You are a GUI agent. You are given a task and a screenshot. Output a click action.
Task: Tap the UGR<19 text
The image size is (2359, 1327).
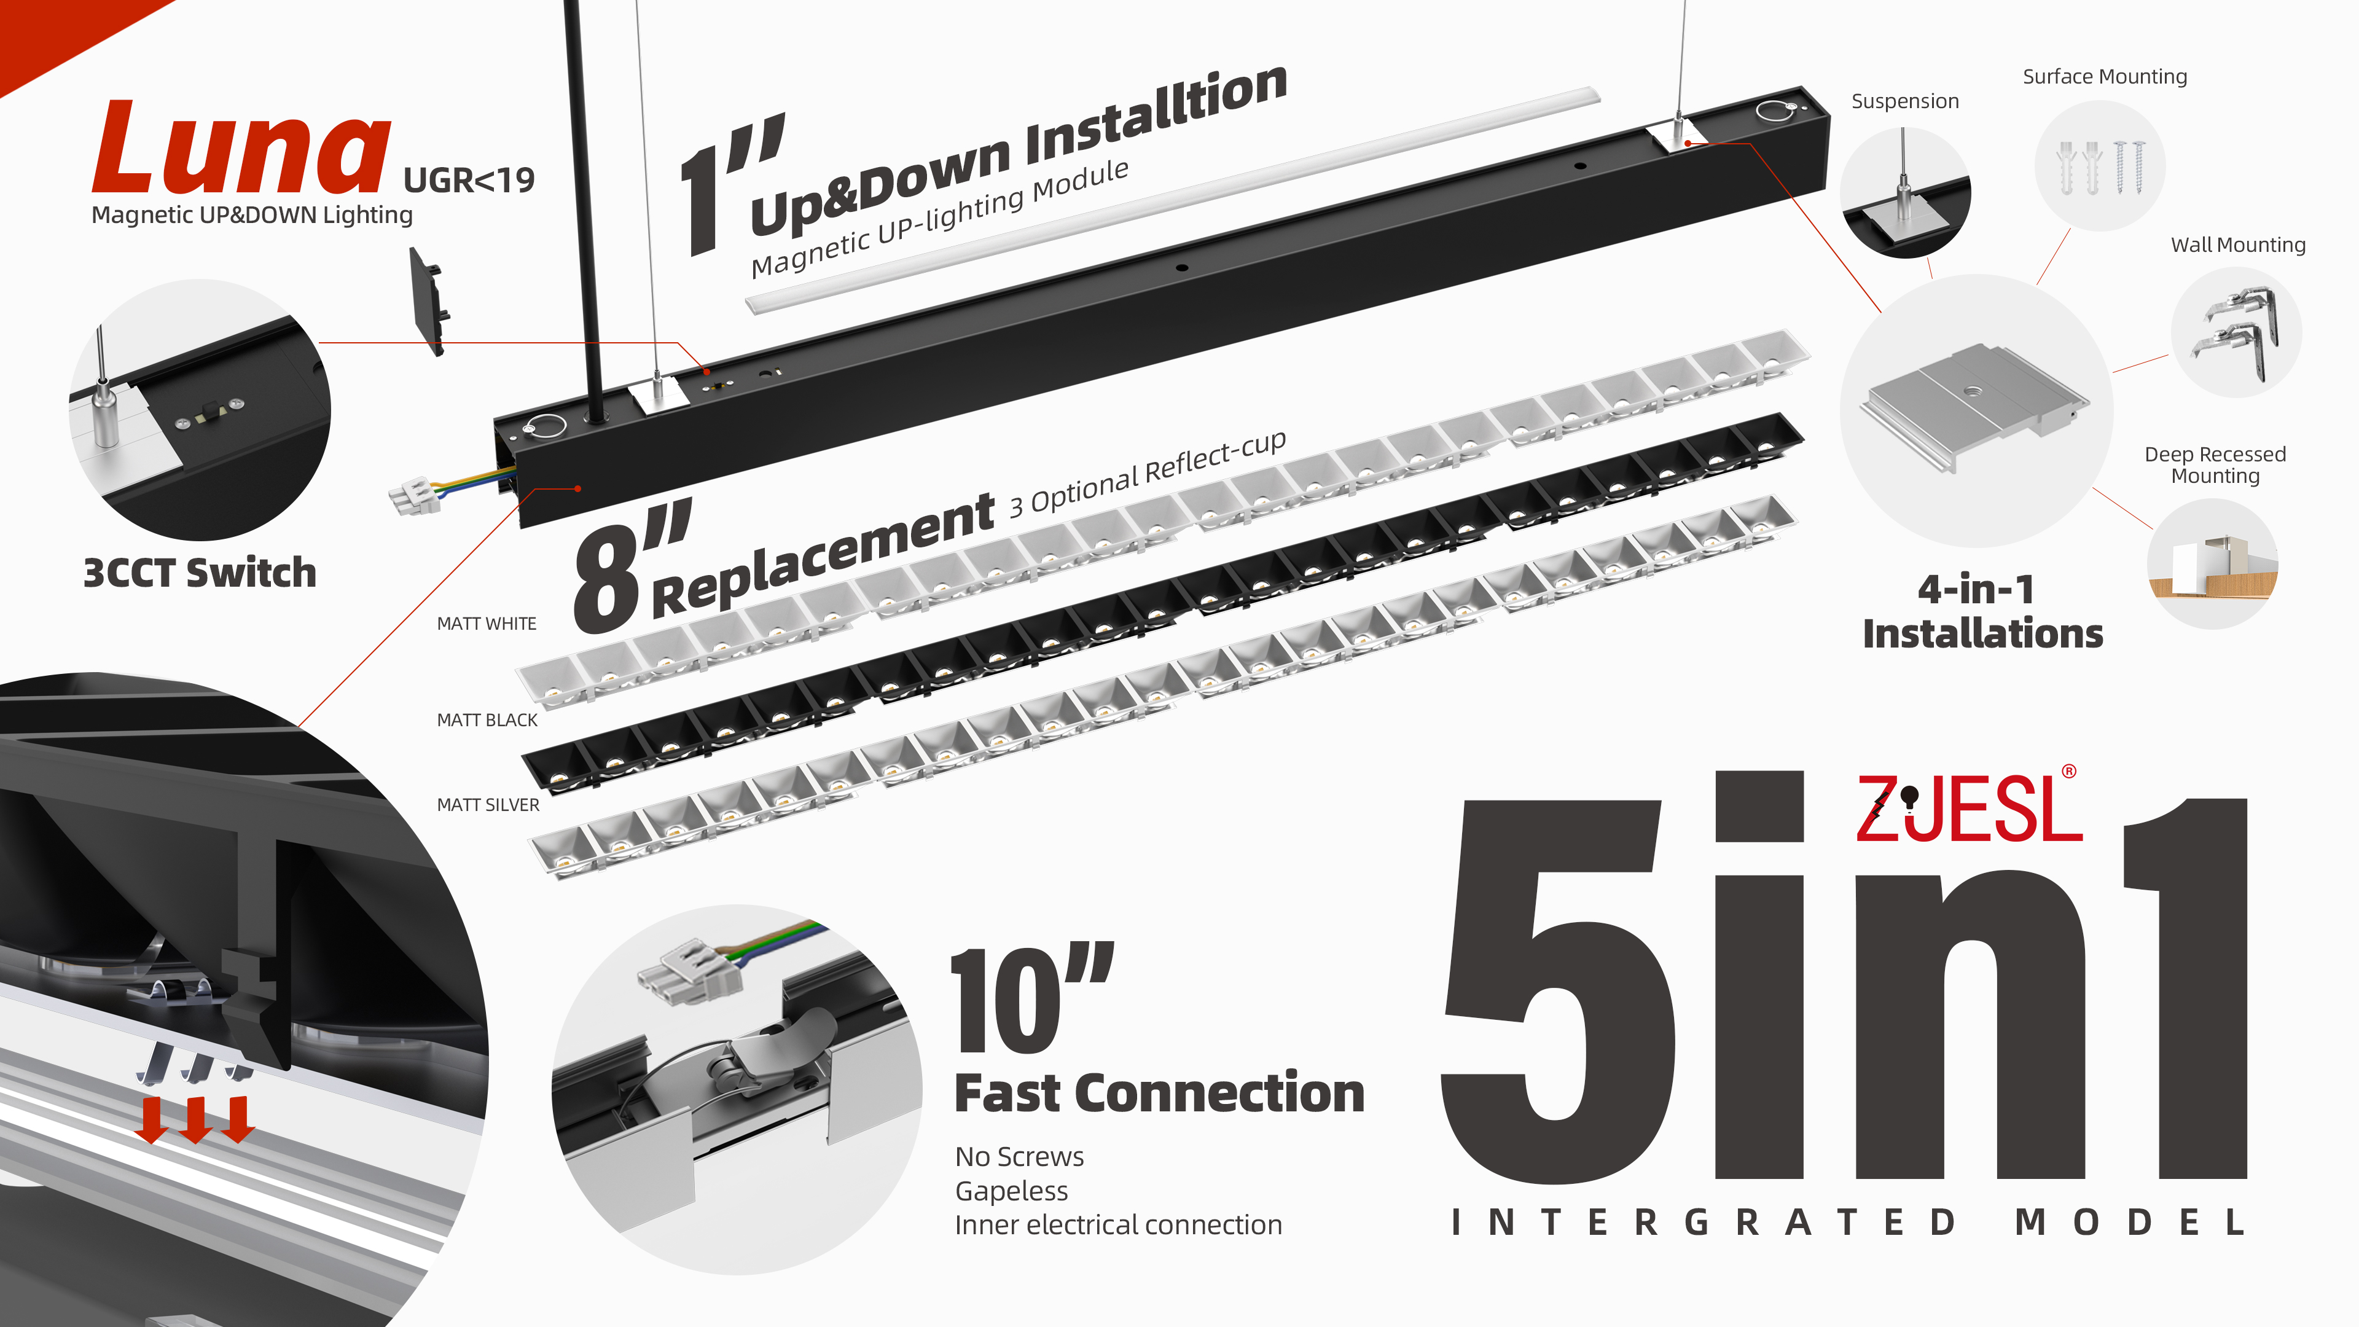tap(469, 181)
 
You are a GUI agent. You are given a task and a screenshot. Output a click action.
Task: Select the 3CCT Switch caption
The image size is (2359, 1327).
tap(200, 573)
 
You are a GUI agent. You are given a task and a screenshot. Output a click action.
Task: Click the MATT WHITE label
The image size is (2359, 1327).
tap(487, 624)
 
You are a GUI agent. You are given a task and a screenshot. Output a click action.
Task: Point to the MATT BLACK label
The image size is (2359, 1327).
tap(487, 720)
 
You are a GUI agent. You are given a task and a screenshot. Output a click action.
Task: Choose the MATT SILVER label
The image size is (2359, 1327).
tap(488, 805)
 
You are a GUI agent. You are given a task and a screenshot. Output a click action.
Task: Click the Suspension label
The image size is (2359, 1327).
tap(1905, 101)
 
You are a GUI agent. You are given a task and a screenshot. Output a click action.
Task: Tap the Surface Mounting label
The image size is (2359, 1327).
tap(2105, 77)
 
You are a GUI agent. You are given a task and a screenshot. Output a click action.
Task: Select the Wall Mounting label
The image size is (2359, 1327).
tap(2238, 246)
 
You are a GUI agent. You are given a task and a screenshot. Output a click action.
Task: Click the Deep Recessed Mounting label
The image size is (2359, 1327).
tap(2215, 465)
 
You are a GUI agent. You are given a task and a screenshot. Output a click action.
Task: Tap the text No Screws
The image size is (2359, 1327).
tap(1019, 1157)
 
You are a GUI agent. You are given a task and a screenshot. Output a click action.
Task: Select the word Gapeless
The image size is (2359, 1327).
tap(1011, 1191)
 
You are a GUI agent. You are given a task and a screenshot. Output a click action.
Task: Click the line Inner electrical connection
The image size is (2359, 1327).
tap(1118, 1226)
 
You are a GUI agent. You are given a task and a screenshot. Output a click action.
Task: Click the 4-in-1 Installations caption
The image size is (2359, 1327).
tap(1982, 612)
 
